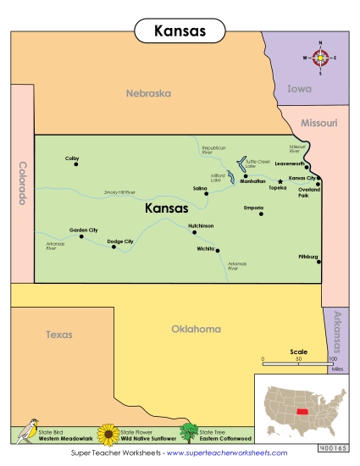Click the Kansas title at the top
[x=180, y=31]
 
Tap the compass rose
[x=320, y=58]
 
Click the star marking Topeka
[x=280, y=181]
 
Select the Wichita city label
[x=205, y=249]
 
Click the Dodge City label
[x=120, y=241]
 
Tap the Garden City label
[x=83, y=230]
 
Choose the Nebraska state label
[x=148, y=93]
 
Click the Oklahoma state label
[x=196, y=329]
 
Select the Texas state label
[x=58, y=335]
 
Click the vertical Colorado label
[x=22, y=183]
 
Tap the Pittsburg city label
[x=307, y=256]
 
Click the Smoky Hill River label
[x=119, y=192]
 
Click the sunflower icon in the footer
[x=108, y=434]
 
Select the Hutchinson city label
[x=201, y=226]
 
